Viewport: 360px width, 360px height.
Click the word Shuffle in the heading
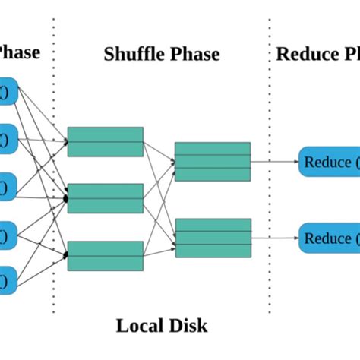[x=132, y=54]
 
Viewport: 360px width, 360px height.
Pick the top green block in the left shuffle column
[x=105, y=141]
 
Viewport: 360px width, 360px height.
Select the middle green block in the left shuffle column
[x=105, y=198]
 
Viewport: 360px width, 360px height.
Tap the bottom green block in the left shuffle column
[x=105, y=255]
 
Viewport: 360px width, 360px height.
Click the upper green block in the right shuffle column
[x=213, y=161]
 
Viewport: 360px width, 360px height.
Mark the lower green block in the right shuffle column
[x=213, y=238]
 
